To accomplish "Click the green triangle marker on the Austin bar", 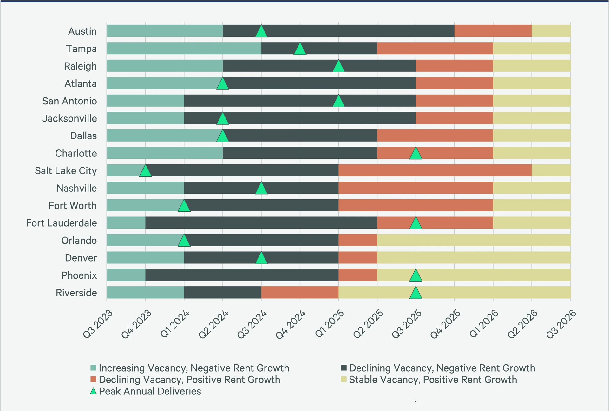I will click(x=261, y=32).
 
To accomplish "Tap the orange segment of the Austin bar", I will click(x=493, y=31).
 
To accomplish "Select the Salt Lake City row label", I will click(x=66, y=171).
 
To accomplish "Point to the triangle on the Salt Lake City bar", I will click(x=145, y=171).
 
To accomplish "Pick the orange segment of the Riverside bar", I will click(x=300, y=293).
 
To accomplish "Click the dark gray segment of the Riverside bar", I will click(x=222, y=293).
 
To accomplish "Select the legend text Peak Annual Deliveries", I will click(x=150, y=391).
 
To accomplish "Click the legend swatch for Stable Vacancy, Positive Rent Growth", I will click(x=344, y=379).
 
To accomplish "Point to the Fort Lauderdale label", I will click(x=61, y=223).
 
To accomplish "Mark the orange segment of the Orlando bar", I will click(x=357, y=240).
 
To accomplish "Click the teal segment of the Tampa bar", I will click(x=184, y=48).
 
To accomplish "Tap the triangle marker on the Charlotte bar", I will click(x=416, y=154).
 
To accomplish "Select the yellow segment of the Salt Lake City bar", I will click(x=551, y=170).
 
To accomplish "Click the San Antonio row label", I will click(x=69, y=101).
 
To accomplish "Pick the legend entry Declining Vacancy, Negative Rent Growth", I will click(x=442, y=368).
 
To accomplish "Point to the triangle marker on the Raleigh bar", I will click(x=338, y=67).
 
